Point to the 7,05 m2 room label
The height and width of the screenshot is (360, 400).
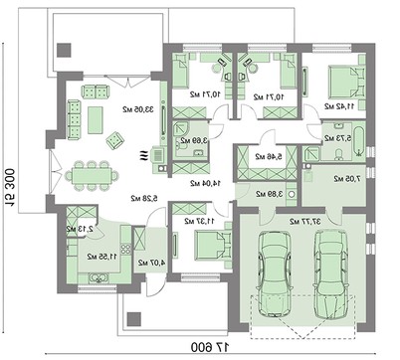click(350, 180)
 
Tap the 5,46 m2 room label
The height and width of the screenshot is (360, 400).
click(267, 156)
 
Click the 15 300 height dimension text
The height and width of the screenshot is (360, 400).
click(12, 179)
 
